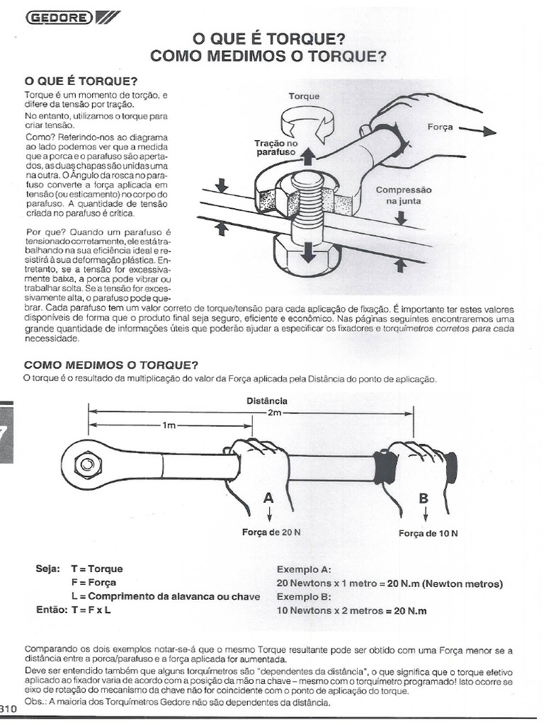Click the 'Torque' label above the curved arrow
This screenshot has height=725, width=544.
[304, 96]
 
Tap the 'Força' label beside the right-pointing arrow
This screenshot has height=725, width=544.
[441, 128]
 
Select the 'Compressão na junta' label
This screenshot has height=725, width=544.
[402, 195]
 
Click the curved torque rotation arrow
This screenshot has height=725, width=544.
[304, 126]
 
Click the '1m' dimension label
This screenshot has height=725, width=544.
[169, 426]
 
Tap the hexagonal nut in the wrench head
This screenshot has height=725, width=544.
[86, 465]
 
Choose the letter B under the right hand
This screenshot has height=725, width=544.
[424, 498]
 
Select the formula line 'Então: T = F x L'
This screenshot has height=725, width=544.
[73, 609]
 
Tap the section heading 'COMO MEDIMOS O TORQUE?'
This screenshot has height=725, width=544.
[110, 365]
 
